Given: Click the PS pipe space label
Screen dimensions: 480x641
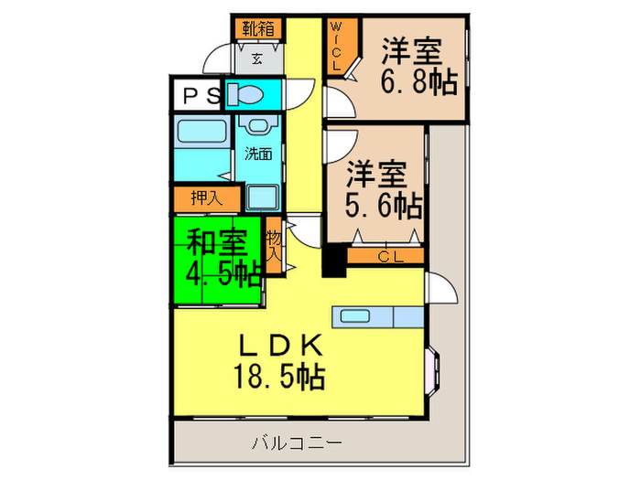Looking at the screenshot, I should point(197,95).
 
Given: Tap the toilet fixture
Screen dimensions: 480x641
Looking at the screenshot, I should point(246,94).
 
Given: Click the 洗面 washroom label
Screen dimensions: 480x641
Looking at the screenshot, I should point(257,154).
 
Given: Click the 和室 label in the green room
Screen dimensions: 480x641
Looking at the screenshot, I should point(217,242).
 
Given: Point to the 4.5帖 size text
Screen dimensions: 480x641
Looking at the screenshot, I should point(223,273).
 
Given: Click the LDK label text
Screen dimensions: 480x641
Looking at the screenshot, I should point(279,345).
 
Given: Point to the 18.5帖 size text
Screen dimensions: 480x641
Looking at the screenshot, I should point(279,376).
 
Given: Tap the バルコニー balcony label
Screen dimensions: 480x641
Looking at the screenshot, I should point(297,443).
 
